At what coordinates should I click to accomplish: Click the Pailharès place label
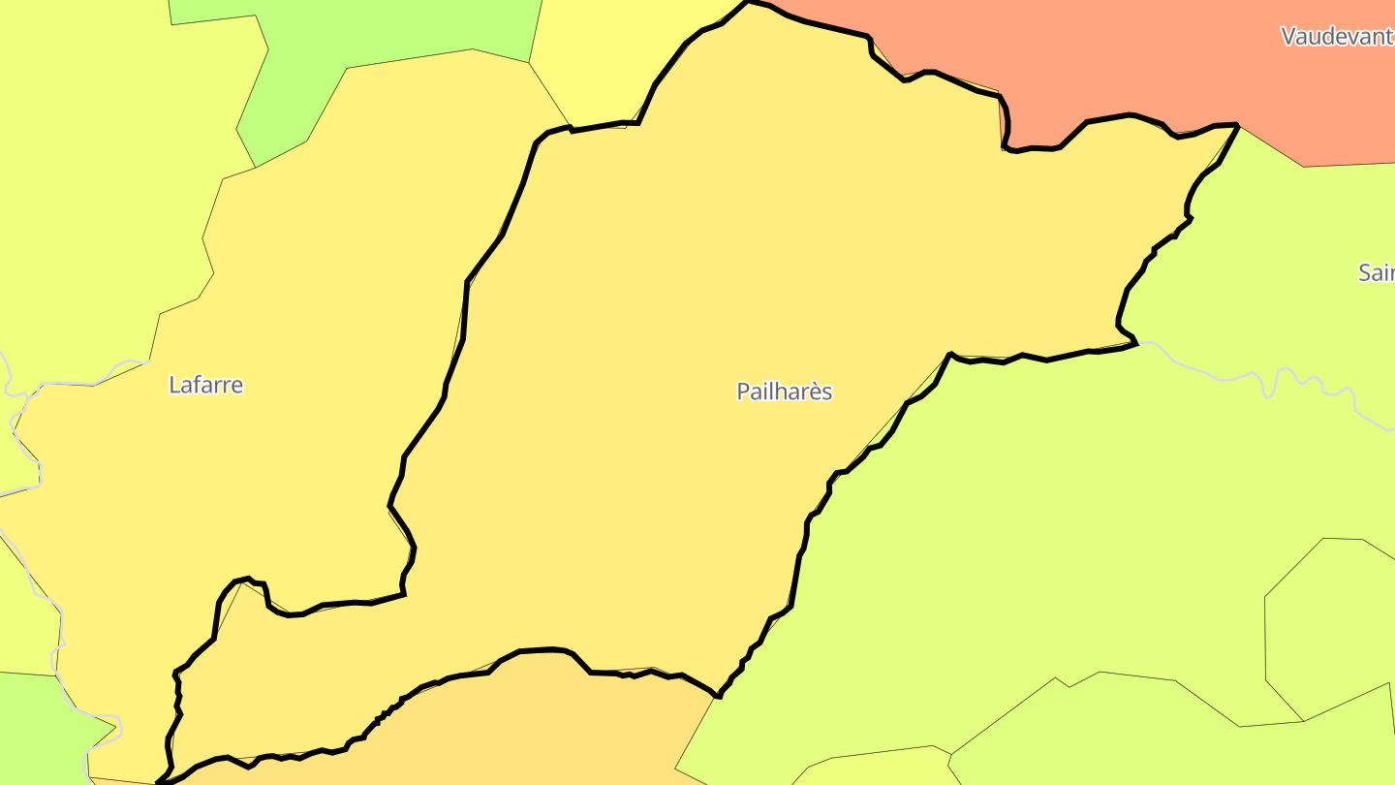(x=784, y=392)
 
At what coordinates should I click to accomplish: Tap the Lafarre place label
(x=205, y=385)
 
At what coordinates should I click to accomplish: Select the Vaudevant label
(x=1337, y=37)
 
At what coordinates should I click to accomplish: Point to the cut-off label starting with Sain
(x=1376, y=272)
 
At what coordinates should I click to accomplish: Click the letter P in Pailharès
(x=743, y=392)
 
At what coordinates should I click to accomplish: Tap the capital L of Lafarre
(x=174, y=385)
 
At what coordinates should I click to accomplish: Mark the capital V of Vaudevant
(x=1288, y=37)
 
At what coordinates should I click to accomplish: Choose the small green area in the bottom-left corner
(x=39, y=727)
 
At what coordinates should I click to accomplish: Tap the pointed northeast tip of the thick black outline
(x=1237, y=125)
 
